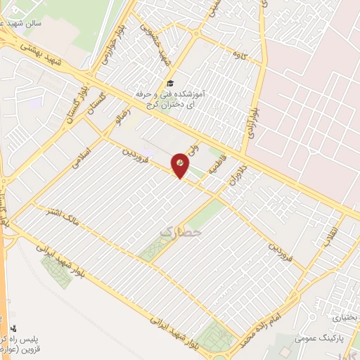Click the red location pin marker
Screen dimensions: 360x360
(x=181, y=164)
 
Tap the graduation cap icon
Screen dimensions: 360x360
(x=172, y=83)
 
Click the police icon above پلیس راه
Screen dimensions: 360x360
(x=13, y=328)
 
